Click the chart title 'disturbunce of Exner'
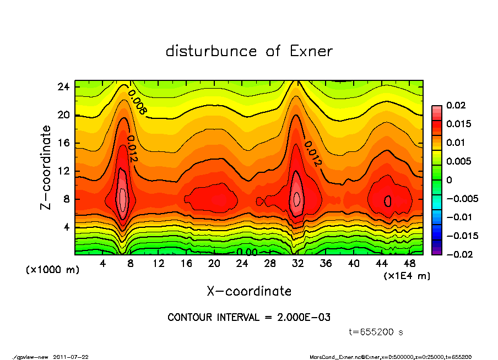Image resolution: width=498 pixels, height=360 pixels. click(x=249, y=51)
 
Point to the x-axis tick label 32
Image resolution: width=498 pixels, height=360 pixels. click(x=298, y=264)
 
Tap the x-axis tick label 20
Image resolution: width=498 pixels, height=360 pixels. click(x=214, y=264)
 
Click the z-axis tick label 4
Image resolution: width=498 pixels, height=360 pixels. click(x=67, y=227)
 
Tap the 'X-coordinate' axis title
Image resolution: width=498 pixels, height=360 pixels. click(x=249, y=291)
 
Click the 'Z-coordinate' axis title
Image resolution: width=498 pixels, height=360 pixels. click(x=46, y=167)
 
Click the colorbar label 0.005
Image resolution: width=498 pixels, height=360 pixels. click(x=458, y=161)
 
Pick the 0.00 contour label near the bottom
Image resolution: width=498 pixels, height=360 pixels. click(x=247, y=252)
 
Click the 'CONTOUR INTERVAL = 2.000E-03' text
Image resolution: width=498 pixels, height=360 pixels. click(x=249, y=318)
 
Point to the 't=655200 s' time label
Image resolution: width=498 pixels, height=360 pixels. click(x=377, y=332)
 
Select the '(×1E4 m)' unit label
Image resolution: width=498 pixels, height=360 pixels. click(x=407, y=275)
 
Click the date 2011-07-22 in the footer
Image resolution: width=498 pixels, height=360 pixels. click(x=71, y=357)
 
